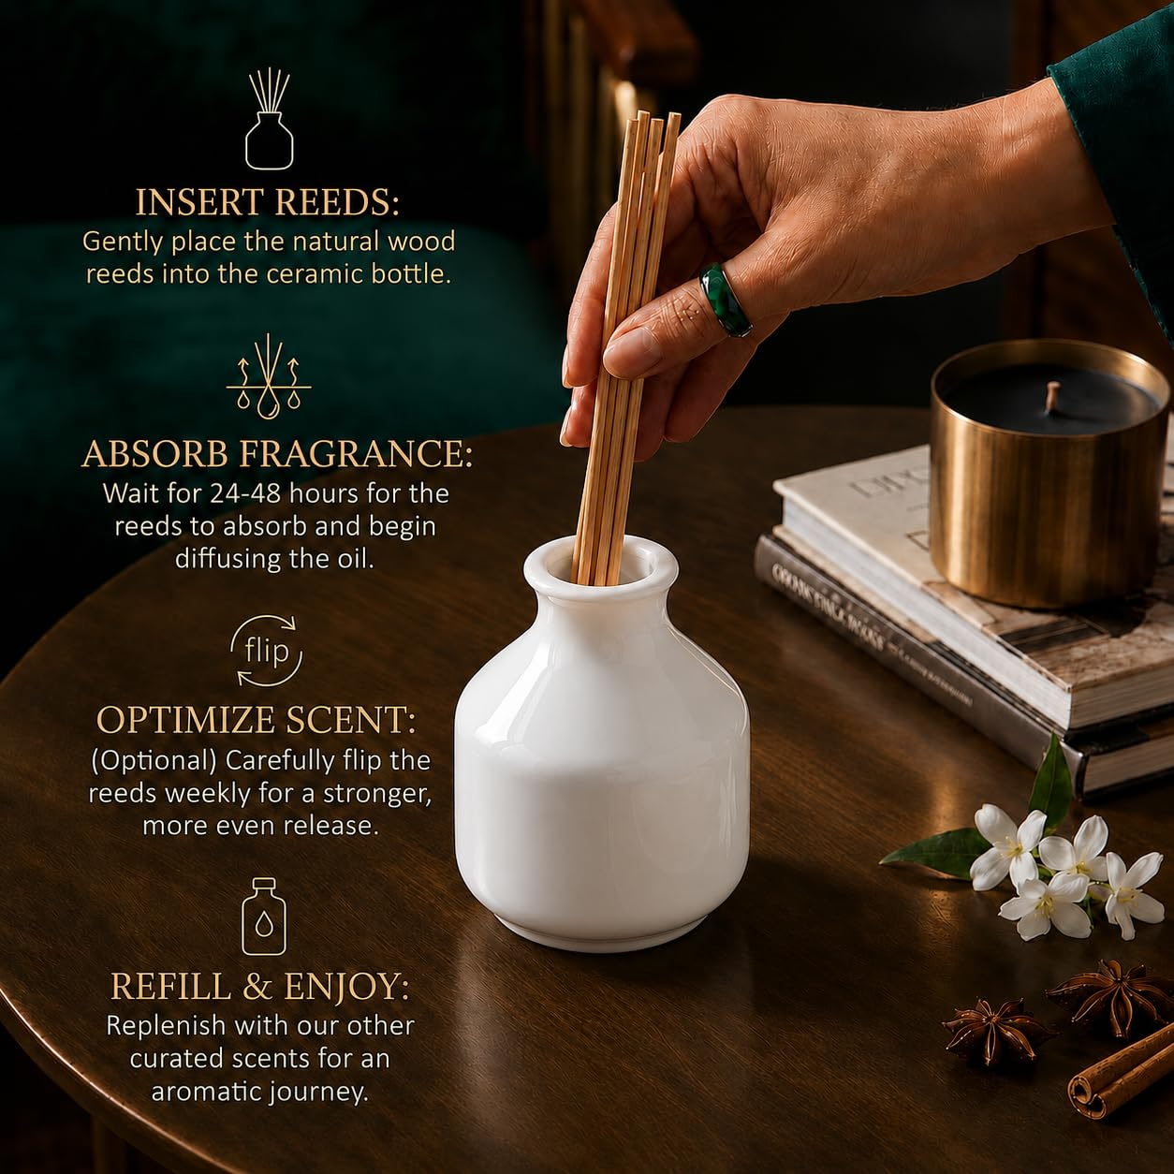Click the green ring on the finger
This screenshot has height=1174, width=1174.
coord(725,298)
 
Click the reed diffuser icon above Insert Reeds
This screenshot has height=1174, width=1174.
coord(270,119)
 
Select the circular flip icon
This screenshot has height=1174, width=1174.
coord(266,651)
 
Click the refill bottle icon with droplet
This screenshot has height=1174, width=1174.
coord(264,917)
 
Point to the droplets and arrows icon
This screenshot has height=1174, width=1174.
coord(269,377)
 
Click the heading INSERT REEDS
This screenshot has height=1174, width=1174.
coord(268,202)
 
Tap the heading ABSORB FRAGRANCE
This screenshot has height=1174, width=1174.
coord(277,454)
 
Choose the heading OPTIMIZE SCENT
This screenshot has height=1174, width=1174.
coord(257,720)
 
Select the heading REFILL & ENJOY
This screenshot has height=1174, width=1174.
coord(259,987)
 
